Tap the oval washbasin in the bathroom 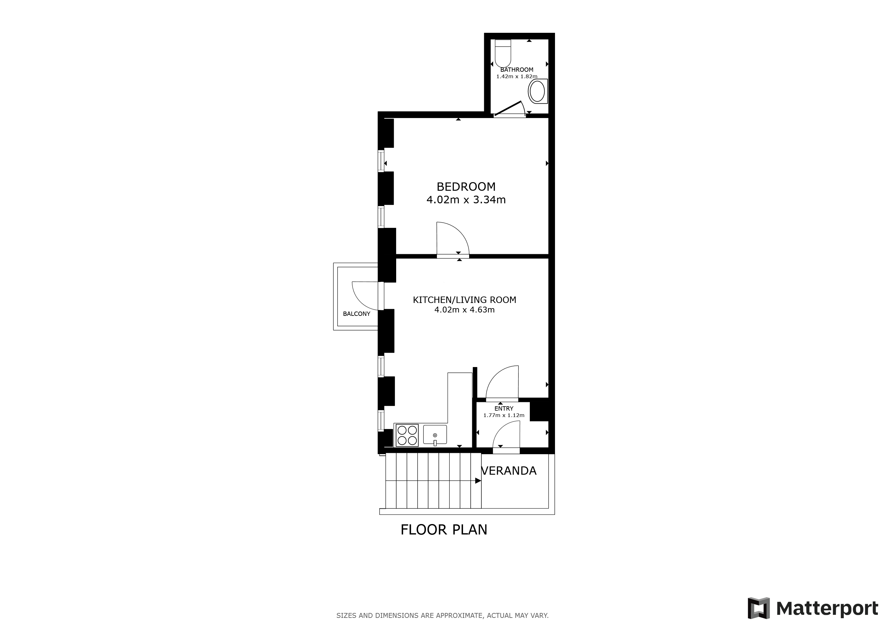538,92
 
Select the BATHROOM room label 517,70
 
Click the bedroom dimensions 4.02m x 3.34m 466,200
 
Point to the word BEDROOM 466,186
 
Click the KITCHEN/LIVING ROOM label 465,300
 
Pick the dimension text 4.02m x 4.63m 465,310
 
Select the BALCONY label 357,314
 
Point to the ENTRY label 504,408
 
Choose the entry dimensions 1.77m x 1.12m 504,415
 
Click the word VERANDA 509,471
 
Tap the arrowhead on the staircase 478,481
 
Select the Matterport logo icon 758,608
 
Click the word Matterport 827,609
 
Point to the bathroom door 509,109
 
